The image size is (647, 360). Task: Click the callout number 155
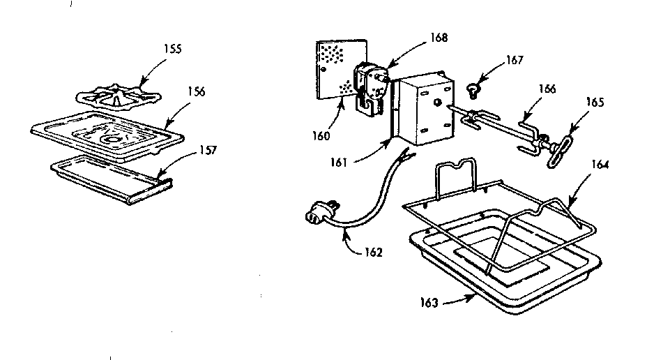tap(172, 50)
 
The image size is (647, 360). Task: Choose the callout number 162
tap(374, 253)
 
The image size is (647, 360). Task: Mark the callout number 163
tap(429, 303)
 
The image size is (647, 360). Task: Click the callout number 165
tap(595, 103)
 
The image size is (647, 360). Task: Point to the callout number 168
tap(439, 37)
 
